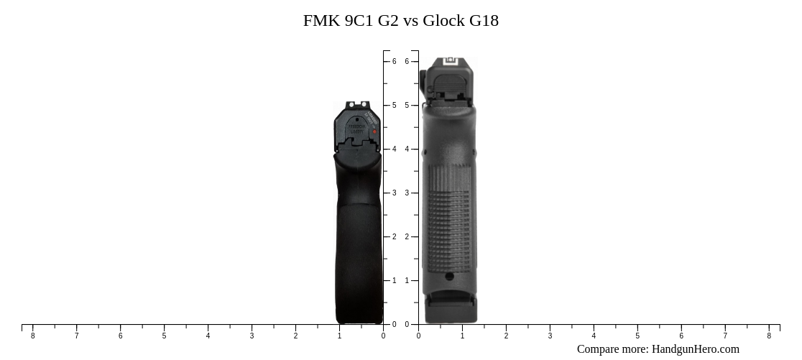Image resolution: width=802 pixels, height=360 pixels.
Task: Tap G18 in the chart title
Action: point(484,20)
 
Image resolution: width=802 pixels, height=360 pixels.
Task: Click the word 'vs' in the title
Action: point(410,20)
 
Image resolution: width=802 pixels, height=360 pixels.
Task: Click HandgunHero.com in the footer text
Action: point(695,349)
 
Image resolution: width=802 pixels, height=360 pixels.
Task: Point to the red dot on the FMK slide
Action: point(374,132)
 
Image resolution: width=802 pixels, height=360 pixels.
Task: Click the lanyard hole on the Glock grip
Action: point(449,276)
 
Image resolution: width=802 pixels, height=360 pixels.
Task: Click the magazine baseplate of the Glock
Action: point(451,311)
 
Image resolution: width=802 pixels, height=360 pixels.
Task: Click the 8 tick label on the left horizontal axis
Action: point(32,336)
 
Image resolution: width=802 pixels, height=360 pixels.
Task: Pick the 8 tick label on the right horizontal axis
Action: point(769,336)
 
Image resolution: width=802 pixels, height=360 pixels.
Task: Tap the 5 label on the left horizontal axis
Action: point(164,336)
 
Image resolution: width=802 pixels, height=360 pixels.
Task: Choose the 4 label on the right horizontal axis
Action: point(594,336)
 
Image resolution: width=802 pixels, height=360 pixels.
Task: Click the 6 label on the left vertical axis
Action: point(394,62)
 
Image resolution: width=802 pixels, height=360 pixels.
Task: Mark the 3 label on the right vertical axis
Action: point(407,193)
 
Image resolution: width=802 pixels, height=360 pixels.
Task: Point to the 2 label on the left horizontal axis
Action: point(295,336)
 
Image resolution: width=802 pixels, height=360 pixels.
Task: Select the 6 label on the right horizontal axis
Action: point(681,336)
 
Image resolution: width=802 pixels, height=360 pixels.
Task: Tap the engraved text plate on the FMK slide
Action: point(356,129)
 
